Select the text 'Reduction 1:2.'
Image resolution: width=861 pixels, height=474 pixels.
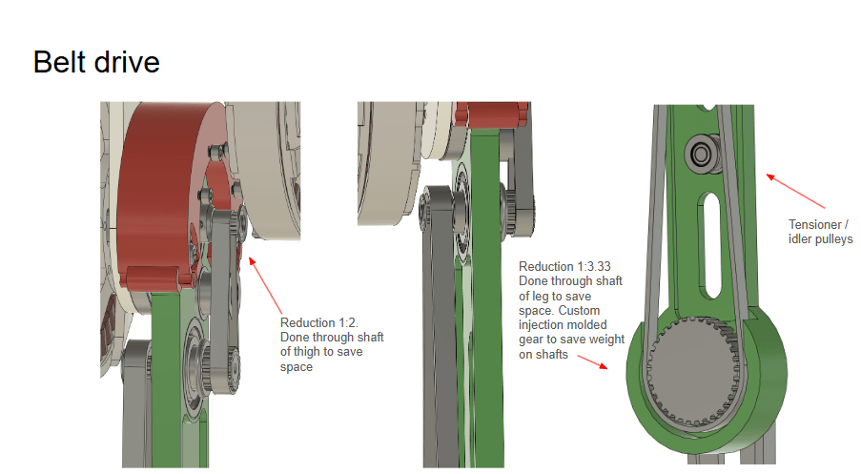click(x=319, y=323)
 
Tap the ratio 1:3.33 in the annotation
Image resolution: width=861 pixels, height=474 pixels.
click(x=590, y=266)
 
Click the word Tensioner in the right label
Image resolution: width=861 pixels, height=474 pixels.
click(x=815, y=225)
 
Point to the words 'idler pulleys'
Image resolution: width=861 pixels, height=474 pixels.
click(x=820, y=239)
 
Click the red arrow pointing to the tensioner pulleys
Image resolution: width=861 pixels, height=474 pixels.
click(x=795, y=191)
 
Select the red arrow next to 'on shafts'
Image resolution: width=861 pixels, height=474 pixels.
click(x=592, y=362)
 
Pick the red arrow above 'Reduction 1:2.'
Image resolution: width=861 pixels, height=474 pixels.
click(x=265, y=285)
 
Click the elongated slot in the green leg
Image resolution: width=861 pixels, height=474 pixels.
click(x=710, y=245)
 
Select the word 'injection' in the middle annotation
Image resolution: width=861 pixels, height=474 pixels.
click(x=541, y=325)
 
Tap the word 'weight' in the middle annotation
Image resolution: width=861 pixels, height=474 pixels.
click(x=608, y=340)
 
